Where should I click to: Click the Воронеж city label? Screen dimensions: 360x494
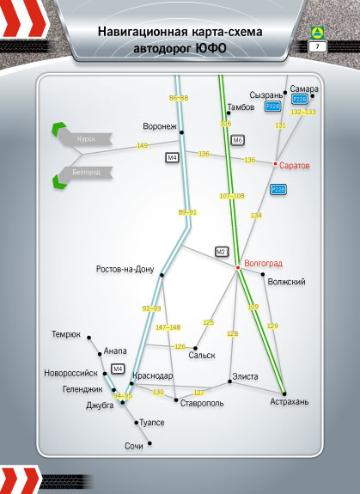(x=160, y=126)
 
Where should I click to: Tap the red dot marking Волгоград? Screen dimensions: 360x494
(x=238, y=267)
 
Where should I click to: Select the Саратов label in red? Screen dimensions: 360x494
(x=295, y=166)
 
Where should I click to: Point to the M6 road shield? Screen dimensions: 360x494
(x=237, y=140)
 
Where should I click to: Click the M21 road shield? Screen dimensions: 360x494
(x=222, y=252)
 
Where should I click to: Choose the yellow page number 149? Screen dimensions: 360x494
(x=143, y=145)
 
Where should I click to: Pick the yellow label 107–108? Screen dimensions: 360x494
(x=232, y=196)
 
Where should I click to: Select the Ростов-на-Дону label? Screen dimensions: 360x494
(x=125, y=270)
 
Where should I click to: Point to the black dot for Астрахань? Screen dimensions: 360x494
(x=284, y=393)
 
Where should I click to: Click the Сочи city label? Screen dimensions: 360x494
(x=134, y=446)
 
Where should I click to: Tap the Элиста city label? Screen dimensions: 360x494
(x=245, y=376)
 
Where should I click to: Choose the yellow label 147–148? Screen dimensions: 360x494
(x=168, y=327)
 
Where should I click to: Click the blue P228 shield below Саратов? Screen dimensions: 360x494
(x=278, y=189)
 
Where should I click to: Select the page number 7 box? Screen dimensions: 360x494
(x=318, y=47)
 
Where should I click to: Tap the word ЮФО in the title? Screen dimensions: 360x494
(x=211, y=49)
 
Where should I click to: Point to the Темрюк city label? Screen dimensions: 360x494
(x=66, y=334)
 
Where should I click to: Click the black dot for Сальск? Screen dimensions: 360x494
(x=195, y=348)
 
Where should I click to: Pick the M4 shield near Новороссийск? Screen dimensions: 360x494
(x=118, y=369)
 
